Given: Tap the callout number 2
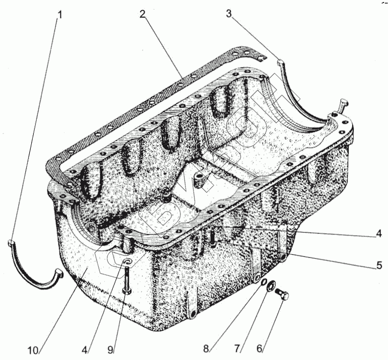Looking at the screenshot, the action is tap(143, 14).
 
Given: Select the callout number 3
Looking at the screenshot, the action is tap(229, 14).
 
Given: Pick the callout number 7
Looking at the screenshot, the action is tap(237, 347).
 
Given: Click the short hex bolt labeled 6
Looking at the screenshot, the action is tap(282, 296).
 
